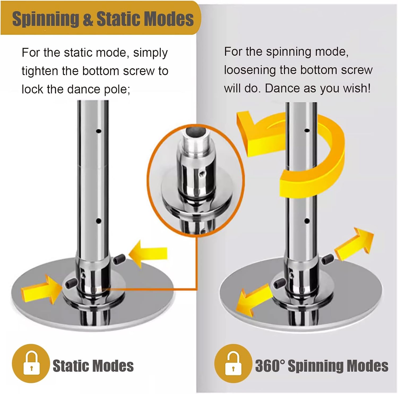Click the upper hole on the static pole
(99, 131)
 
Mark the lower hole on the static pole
(99, 221)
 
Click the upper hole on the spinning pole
(307, 130)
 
